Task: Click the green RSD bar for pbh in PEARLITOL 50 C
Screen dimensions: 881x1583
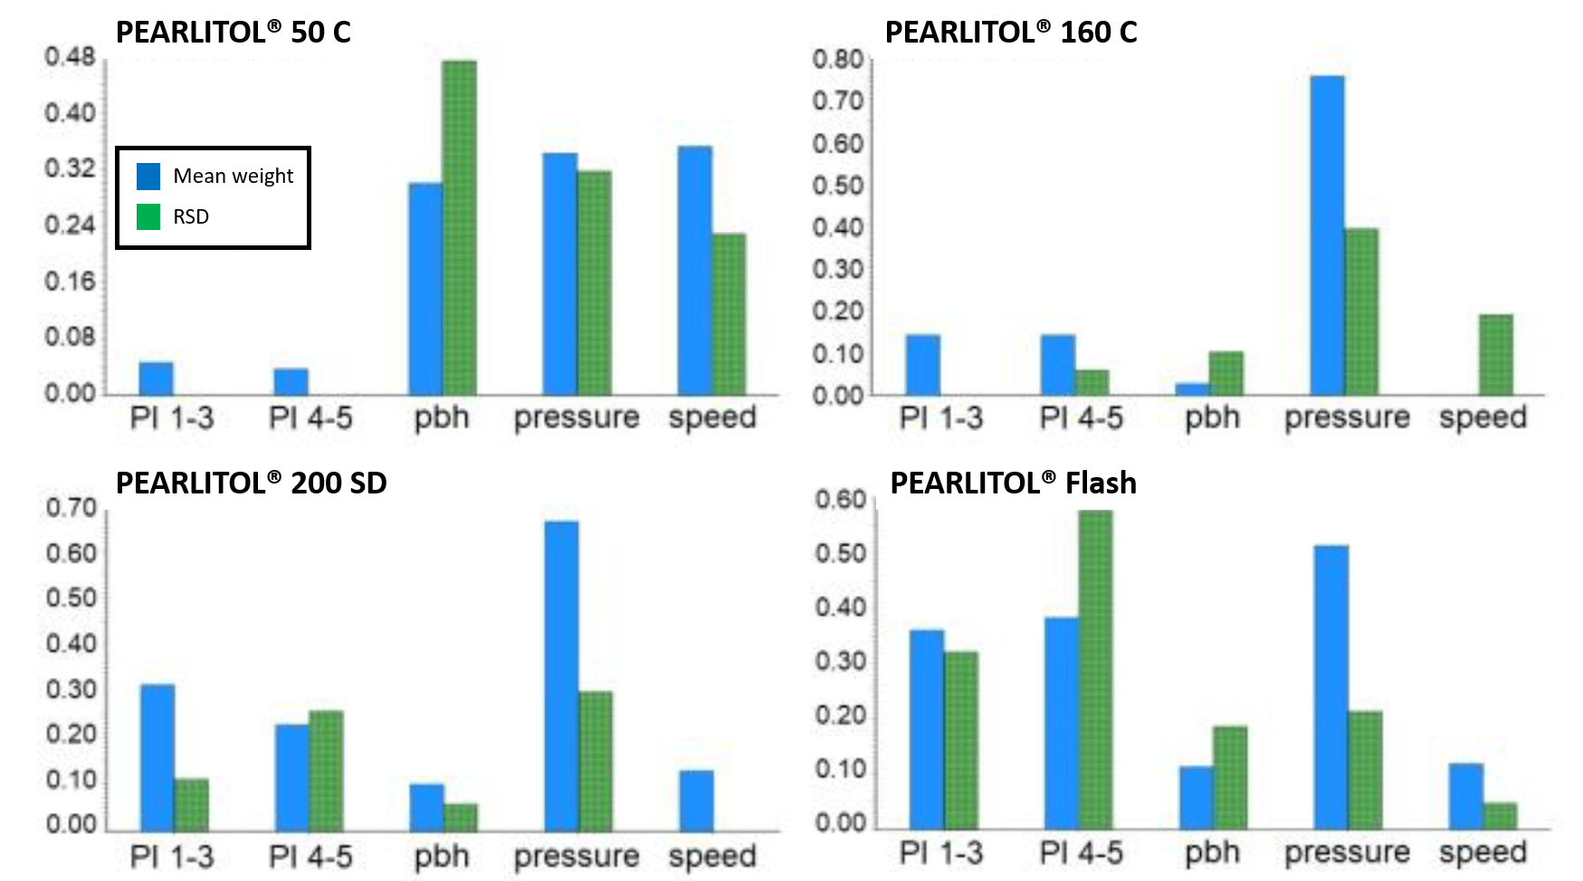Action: click(x=459, y=226)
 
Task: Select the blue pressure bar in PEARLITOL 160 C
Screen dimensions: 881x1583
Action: click(x=1327, y=235)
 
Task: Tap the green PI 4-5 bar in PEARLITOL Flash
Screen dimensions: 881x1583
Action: click(x=1095, y=670)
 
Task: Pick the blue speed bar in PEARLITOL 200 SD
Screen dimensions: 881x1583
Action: click(x=696, y=800)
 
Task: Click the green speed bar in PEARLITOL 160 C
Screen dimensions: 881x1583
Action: click(x=1496, y=355)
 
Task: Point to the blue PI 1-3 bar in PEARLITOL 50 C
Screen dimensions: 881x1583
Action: click(x=156, y=378)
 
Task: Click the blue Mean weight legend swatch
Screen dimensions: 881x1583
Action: click(x=148, y=176)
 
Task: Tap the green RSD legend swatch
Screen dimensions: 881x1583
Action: click(x=148, y=216)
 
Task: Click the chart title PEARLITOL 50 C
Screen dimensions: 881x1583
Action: click(x=233, y=33)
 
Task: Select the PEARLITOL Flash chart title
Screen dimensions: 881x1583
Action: click(x=1013, y=483)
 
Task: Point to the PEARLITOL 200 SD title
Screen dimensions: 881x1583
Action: click(x=251, y=483)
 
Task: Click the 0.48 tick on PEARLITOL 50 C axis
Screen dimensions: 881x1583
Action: click(x=70, y=57)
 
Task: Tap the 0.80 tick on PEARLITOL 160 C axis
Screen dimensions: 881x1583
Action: click(x=837, y=60)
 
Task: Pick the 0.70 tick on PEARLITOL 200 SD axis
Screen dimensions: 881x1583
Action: click(x=71, y=508)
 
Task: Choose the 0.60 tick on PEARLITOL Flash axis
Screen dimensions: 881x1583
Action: click(x=840, y=500)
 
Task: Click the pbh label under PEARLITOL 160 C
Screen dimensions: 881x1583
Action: click(x=1212, y=417)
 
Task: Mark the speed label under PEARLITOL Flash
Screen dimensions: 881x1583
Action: click(x=1483, y=852)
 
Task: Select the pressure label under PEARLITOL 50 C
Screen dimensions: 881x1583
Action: click(x=577, y=417)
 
